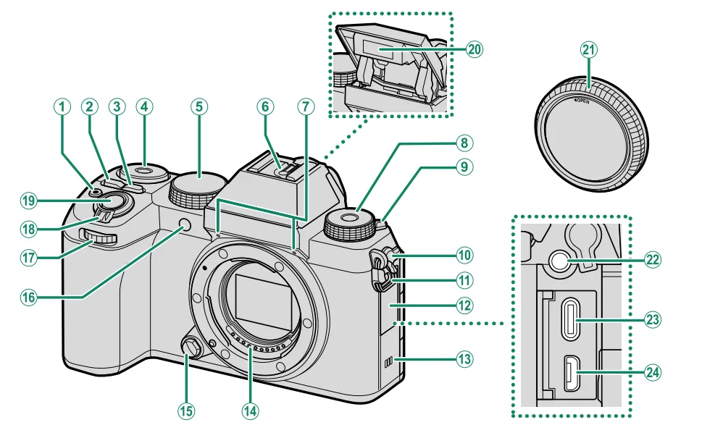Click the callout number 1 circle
[62, 107]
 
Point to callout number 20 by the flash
[475, 49]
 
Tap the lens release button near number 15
[191, 349]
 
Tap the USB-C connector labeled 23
[578, 319]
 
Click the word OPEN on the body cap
[583, 101]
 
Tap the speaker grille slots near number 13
[387, 360]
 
